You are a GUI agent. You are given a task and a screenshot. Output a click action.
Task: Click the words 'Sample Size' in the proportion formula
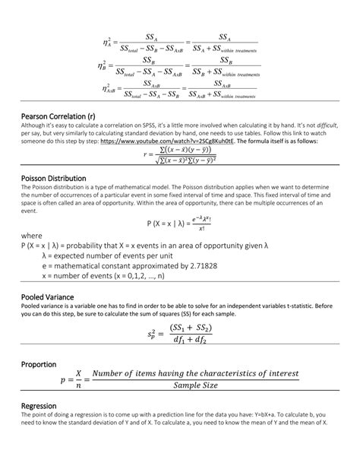pos(195,386)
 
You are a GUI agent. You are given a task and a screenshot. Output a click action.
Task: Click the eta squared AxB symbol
pos(108,89)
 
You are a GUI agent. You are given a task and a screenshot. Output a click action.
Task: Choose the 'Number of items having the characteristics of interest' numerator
pos(195,374)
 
